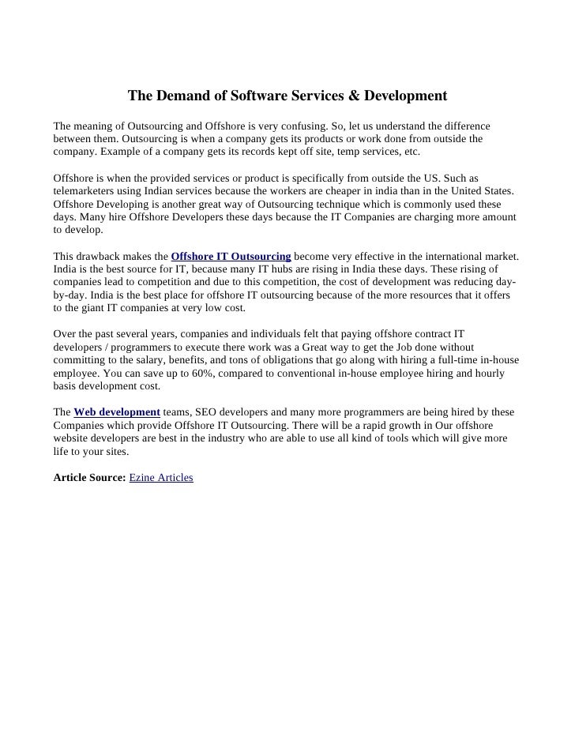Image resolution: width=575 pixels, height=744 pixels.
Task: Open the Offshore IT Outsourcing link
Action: (x=231, y=257)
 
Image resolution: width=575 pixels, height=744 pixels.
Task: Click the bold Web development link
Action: (x=117, y=412)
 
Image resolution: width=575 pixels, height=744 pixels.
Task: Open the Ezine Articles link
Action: (x=160, y=478)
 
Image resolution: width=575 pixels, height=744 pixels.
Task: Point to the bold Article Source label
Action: (x=88, y=478)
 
